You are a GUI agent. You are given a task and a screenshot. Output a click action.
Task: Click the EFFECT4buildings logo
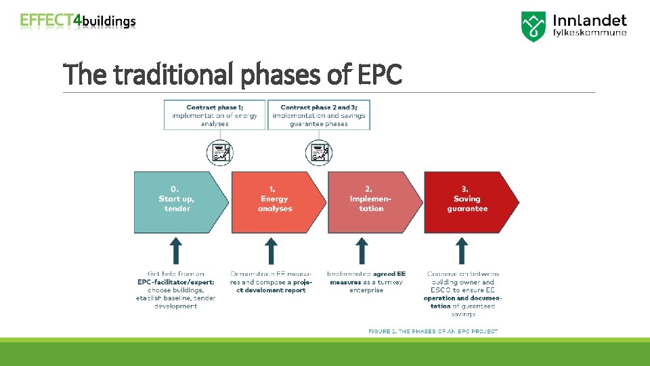pos(78,21)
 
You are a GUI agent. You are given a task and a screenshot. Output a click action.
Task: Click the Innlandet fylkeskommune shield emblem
pos(534,26)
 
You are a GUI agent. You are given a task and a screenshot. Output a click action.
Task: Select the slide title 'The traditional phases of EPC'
pos(232,74)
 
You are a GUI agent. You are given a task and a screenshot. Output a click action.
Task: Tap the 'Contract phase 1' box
pos(215,115)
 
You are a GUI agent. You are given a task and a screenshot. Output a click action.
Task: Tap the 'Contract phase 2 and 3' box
pos(318,115)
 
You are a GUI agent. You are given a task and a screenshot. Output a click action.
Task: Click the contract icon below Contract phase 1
pos(219,152)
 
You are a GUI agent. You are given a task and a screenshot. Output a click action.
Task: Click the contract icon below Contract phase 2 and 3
pos(318,152)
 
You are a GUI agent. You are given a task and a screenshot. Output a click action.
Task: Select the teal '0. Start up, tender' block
pos(177,202)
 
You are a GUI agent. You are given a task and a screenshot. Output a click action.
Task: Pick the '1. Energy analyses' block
pos(275,202)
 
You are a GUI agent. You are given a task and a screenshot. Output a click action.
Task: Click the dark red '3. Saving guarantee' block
pos(467,202)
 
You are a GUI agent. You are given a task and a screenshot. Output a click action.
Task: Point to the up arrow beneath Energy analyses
pos(271,251)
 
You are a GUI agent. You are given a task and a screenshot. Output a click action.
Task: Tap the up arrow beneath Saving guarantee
pos(462,251)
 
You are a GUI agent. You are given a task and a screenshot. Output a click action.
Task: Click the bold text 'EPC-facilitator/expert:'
pos(175,282)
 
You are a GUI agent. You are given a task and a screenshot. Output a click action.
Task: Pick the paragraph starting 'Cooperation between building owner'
pos(461,294)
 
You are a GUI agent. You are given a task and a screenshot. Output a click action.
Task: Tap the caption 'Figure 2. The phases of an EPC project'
pos(433,331)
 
